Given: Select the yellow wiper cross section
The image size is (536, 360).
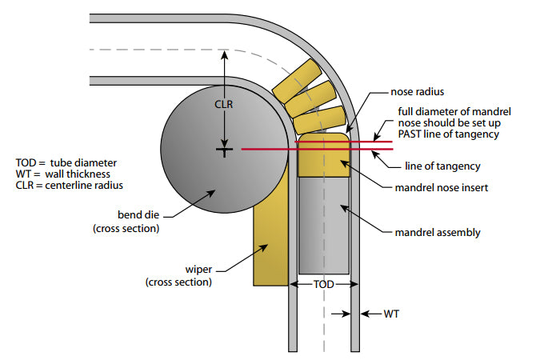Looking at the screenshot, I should [270, 240].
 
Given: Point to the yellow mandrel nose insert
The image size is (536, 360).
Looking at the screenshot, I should [323, 158].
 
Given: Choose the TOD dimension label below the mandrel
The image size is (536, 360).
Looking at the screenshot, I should [323, 284].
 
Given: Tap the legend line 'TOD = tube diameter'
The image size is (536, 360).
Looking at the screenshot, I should [59, 161].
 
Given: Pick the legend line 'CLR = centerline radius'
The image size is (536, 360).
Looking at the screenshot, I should [66, 186].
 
